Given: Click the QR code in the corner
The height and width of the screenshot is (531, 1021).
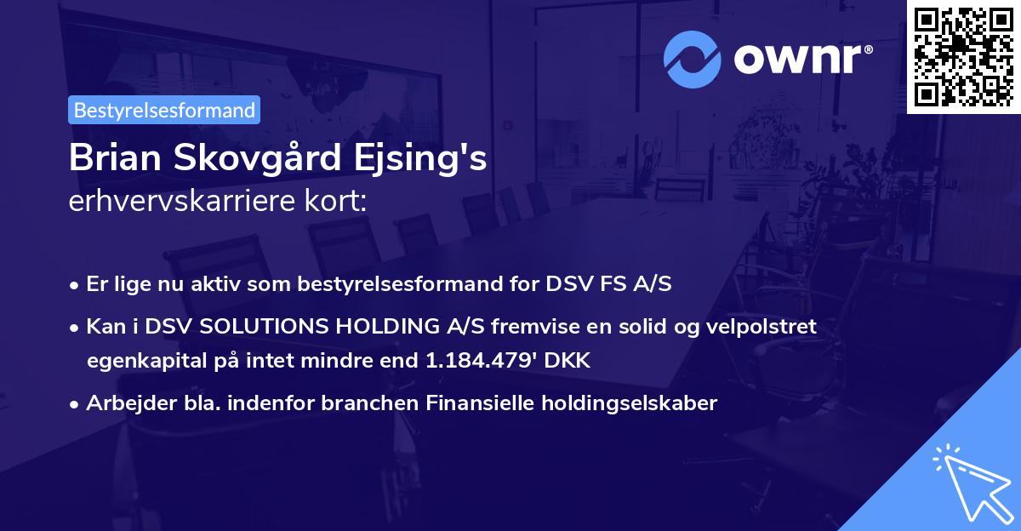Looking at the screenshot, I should tap(963, 56).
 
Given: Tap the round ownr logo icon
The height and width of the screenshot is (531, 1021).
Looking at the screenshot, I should tap(693, 59).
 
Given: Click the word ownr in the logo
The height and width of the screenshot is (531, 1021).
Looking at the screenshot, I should tap(803, 60).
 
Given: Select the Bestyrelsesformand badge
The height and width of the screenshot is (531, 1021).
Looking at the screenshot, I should tap(164, 110).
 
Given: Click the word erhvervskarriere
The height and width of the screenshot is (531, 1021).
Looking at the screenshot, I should tap(175, 202).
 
